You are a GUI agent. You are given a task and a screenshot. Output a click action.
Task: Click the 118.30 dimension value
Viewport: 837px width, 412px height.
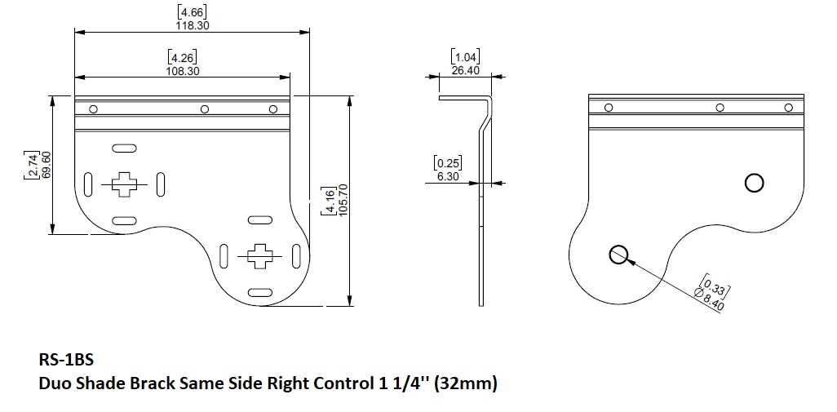[193, 25]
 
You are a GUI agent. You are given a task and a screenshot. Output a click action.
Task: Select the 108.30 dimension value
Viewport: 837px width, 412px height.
[183, 71]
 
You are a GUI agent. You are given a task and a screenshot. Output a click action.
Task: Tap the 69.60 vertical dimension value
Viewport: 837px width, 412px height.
[46, 164]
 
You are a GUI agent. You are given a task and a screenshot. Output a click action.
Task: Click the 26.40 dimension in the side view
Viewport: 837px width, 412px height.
[466, 70]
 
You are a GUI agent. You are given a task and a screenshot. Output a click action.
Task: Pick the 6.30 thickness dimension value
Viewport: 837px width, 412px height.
[448, 176]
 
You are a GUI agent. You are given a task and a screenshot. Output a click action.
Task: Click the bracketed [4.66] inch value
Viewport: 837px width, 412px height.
[192, 12]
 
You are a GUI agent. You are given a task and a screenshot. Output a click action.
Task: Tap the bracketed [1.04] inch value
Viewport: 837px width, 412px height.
[466, 56]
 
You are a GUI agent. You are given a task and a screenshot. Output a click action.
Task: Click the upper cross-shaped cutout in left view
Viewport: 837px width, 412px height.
[124, 184]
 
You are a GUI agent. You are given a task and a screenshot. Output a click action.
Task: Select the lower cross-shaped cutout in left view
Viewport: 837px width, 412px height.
[260, 256]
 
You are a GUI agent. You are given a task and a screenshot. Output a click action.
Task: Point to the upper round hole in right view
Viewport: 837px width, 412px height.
[755, 183]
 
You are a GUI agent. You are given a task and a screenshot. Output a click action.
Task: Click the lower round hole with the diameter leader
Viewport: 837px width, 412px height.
[618, 255]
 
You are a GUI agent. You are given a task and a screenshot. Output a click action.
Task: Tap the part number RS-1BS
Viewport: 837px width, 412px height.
[66, 360]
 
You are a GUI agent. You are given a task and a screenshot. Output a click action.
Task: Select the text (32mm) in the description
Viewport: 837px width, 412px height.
[466, 383]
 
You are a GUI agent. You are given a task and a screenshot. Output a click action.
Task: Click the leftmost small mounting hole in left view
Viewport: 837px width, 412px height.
[94, 109]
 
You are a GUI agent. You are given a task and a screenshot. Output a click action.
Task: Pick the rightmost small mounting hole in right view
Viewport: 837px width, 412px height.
[788, 108]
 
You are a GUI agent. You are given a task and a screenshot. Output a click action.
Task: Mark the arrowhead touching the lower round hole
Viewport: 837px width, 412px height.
[629, 261]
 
